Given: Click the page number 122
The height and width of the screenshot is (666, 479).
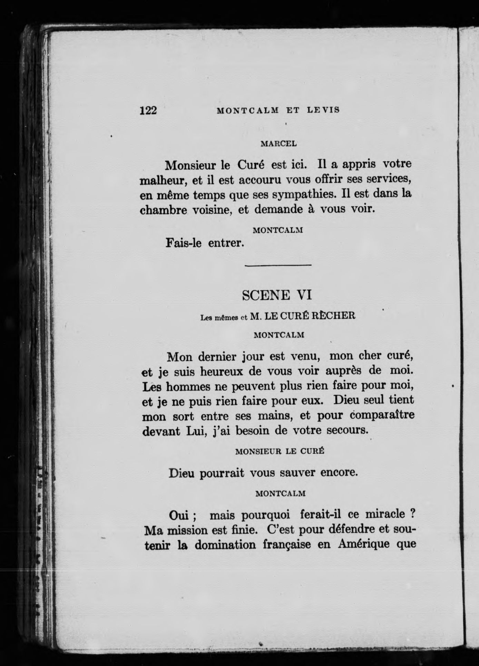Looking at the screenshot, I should [148, 110].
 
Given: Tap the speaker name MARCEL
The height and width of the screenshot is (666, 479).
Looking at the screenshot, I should [278, 144].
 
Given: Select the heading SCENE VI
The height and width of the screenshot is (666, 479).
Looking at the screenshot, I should [277, 295].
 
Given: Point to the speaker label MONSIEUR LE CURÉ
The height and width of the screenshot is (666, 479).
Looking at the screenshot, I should [279, 451].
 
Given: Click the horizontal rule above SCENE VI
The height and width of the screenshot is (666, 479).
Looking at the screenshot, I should [278, 265].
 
